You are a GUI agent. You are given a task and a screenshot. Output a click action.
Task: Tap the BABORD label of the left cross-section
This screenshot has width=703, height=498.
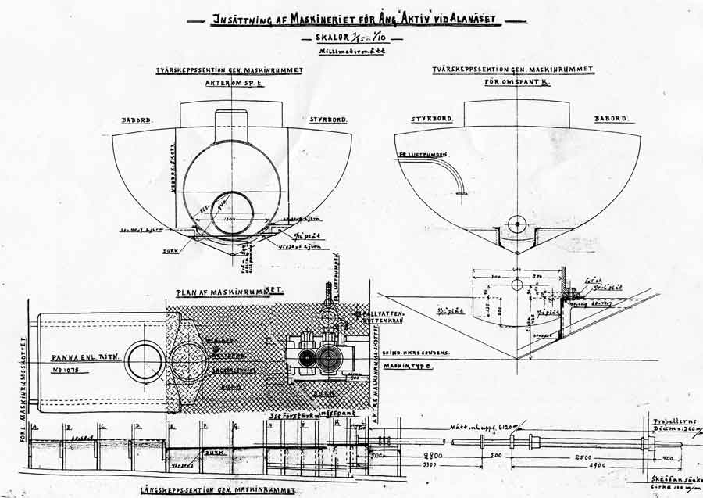tap(137, 121)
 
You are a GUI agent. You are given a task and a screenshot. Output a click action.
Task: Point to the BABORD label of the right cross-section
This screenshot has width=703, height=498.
tap(610, 120)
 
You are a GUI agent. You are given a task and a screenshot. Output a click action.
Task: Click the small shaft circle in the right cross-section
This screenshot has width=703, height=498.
tap(514, 223)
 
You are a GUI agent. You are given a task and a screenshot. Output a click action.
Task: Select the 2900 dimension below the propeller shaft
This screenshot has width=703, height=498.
tap(579, 464)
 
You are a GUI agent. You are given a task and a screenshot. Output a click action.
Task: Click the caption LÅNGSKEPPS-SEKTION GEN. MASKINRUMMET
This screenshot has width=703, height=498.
tap(219, 489)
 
